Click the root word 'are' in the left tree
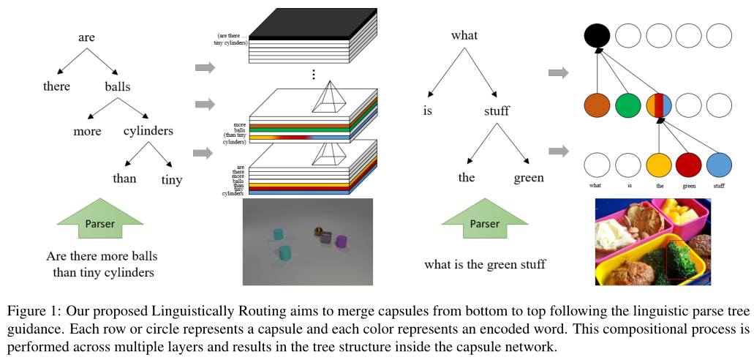tap(86, 37)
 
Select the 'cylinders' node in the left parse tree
tap(148, 132)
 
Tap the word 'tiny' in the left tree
tap(172, 180)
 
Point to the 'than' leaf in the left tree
tap(124, 179)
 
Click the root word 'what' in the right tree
tap(464, 35)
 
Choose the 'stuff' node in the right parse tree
tap(497, 112)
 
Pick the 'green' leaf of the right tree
tap(529, 178)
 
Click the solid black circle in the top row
tap(597, 35)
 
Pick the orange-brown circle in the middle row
tap(597, 105)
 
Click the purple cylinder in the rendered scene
tap(341, 241)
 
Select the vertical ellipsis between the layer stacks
tap(313, 74)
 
